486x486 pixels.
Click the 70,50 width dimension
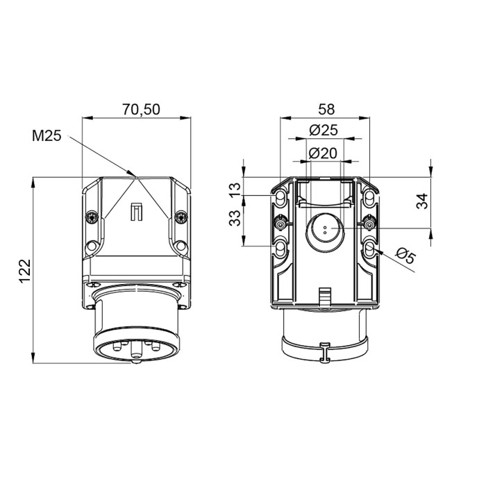141,109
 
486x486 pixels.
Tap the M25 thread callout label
47,136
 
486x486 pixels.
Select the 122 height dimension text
25,271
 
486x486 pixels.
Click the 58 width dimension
327,109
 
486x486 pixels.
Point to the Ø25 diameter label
324,131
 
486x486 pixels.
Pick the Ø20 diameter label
323,153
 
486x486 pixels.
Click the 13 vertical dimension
235,189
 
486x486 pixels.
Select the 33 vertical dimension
235,218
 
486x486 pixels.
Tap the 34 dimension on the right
422,201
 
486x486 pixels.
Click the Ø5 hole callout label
406,255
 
